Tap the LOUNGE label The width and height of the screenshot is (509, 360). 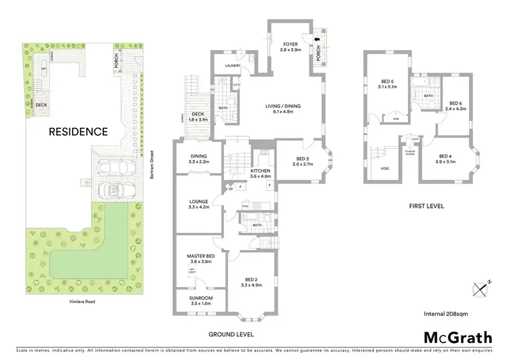199,202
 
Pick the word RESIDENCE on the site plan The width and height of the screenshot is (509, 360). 78,132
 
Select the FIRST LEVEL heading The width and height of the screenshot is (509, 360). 426,204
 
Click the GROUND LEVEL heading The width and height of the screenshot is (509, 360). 231,334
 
